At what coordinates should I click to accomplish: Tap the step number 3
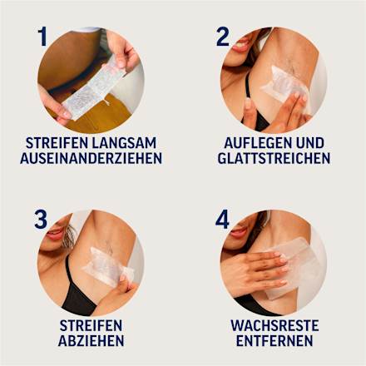(x=41, y=220)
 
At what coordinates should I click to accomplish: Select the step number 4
(x=222, y=220)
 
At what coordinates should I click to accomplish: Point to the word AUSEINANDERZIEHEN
(x=91, y=157)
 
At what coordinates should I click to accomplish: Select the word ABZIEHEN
(x=91, y=340)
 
